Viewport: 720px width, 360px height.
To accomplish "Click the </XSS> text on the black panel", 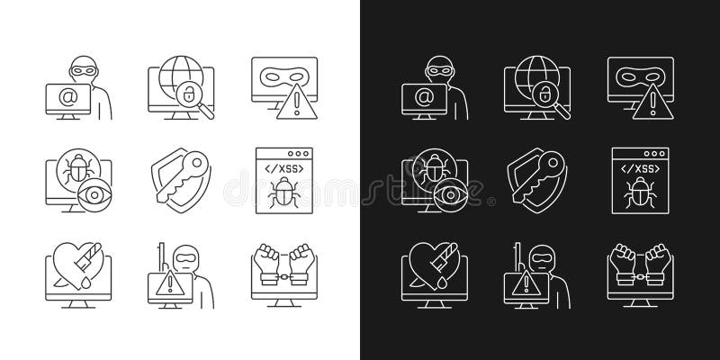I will (x=634, y=167).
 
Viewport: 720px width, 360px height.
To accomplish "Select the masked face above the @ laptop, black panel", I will (x=443, y=67).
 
